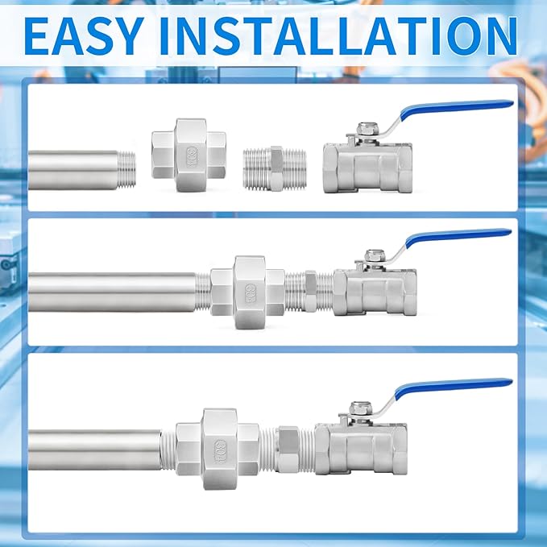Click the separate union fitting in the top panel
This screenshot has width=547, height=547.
point(191,155)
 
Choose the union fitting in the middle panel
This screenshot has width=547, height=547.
point(248,286)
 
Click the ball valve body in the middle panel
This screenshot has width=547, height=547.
point(375,290)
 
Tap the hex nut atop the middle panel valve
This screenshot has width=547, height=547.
point(371,255)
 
